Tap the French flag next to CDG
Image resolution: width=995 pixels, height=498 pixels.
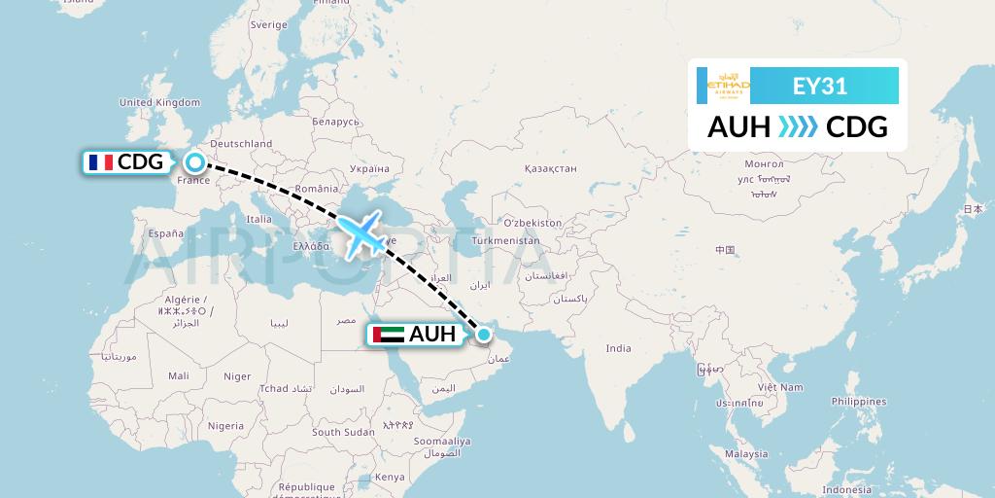coord(100,162)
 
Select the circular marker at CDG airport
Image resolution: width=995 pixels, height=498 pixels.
coord(195,162)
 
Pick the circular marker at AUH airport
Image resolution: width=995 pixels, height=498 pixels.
coord(483,336)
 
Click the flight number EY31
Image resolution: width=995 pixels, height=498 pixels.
coord(820,87)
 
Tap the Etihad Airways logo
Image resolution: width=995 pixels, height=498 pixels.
coord(729,86)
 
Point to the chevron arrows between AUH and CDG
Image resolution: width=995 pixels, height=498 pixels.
coord(798,126)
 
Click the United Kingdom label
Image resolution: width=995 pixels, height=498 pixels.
coord(159,102)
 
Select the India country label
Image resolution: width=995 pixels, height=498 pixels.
coord(618,348)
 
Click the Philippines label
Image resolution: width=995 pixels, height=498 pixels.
coord(859,401)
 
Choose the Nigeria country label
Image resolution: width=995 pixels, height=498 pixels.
coord(225,425)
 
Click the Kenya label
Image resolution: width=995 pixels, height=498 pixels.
coord(390,477)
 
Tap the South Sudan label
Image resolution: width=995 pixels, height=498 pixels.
coord(343,432)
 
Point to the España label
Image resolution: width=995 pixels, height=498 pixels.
coord(166,233)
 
